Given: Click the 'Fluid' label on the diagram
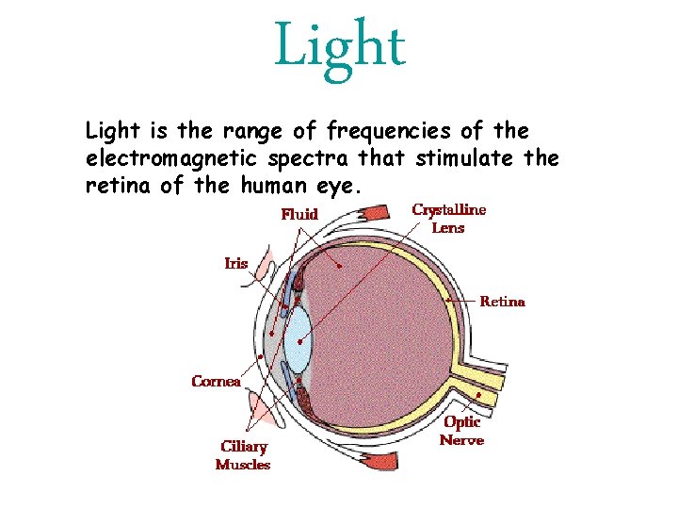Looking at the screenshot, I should point(299,215).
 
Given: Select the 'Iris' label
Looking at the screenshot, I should point(236,263).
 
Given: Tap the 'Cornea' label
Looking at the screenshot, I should point(216,381).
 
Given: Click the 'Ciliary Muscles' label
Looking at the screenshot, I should point(243,455).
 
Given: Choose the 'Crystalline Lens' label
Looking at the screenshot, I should point(449,219).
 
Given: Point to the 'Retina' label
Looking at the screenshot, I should point(503,302).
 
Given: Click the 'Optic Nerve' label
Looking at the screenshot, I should point(462,431).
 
